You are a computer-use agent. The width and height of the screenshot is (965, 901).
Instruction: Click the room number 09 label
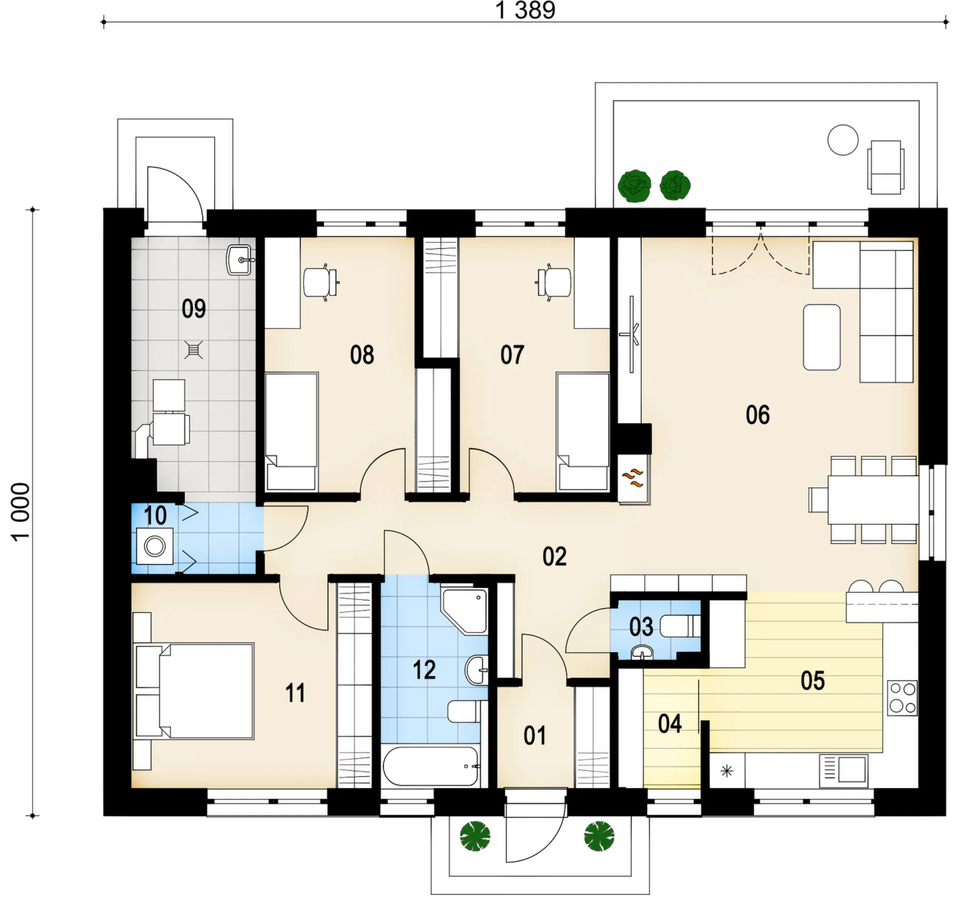[x=194, y=309]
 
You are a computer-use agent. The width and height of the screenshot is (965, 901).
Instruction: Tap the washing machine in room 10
[x=154, y=546]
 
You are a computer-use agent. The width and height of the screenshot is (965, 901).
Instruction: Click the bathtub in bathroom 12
[x=431, y=766]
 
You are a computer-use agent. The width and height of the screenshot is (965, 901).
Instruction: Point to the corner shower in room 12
[x=464, y=611]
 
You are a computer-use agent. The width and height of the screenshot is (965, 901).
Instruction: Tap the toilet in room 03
[x=681, y=627]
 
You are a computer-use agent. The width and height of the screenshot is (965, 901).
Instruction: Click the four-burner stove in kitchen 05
[x=902, y=698]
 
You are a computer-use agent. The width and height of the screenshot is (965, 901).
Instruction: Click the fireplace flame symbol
[x=633, y=477]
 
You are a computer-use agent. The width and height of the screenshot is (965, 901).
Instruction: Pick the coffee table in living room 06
[x=822, y=337]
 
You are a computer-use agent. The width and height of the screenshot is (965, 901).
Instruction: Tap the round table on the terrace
[x=843, y=140]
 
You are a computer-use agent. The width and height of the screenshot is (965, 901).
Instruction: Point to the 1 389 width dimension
[x=525, y=11]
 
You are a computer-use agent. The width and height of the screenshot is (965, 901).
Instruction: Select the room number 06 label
[x=758, y=415]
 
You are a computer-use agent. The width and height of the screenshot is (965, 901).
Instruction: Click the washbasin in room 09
[x=241, y=260]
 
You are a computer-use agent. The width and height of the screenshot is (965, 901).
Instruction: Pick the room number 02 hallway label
[x=554, y=556]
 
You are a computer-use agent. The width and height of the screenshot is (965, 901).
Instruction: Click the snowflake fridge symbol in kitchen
[x=727, y=771]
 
